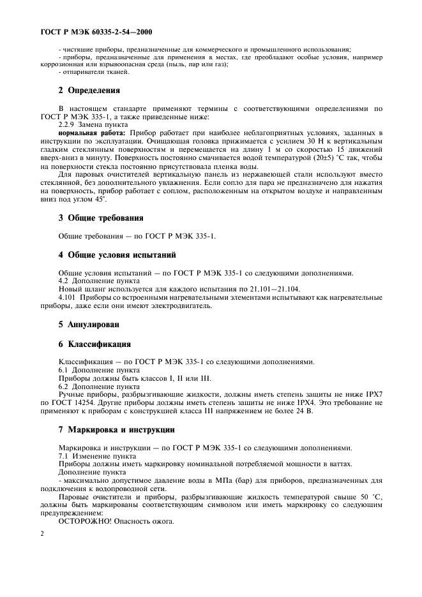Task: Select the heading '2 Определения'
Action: (90, 90)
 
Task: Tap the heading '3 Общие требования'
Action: (101, 217)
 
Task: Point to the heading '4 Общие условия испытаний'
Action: (117, 255)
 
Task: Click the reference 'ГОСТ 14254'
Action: (72, 403)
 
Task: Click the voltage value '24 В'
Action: (287, 411)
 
